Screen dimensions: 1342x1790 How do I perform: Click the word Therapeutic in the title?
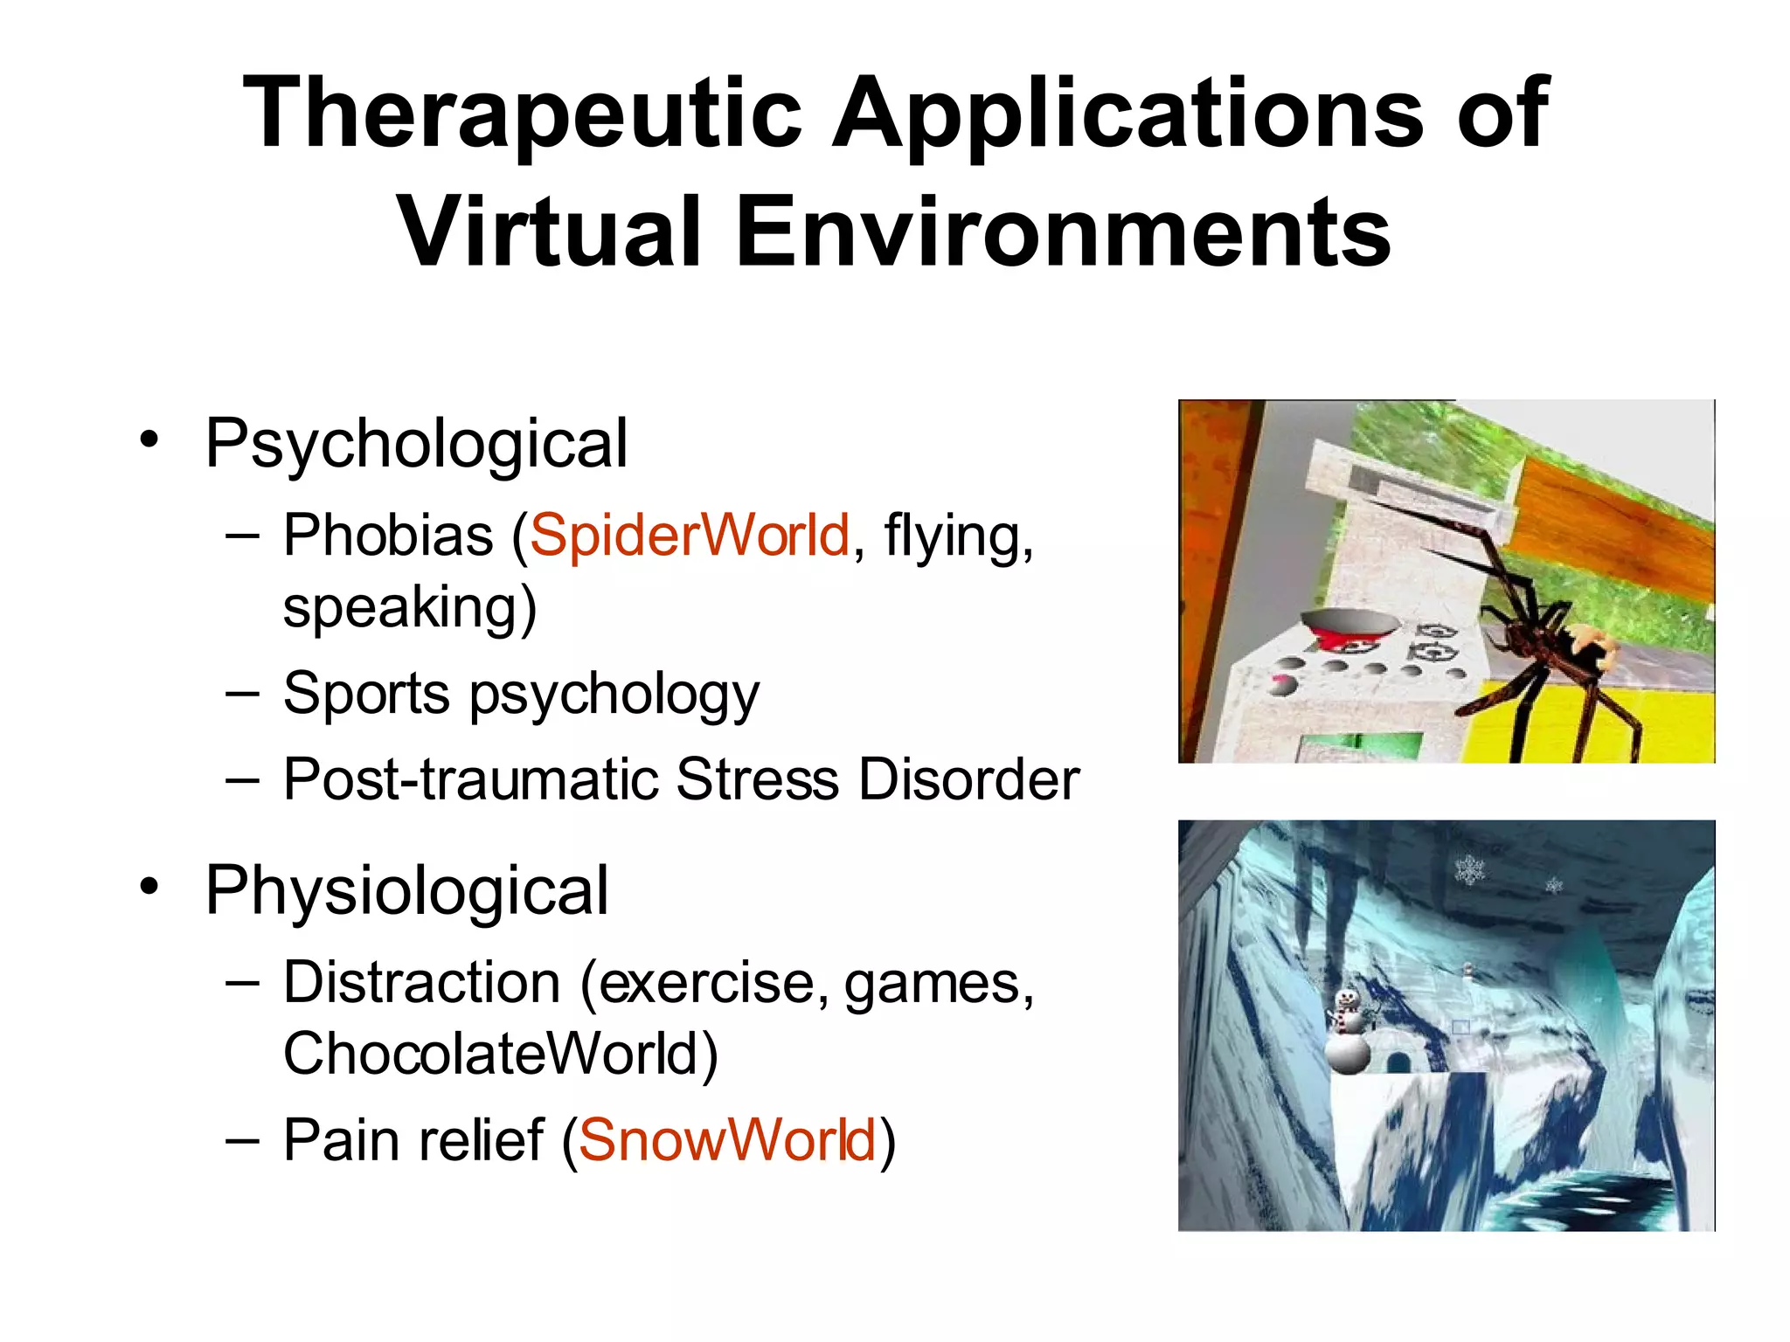click(x=523, y=114)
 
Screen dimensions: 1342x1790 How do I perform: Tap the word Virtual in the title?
click(x=549, y=232)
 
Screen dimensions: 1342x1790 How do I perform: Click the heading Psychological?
click(x=416, y=444)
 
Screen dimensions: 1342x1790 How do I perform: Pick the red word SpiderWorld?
click(x=689, y=535)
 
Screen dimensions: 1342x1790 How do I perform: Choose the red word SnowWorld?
click(x=727, y=1140)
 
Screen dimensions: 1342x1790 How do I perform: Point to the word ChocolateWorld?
click(x=499, y=1054)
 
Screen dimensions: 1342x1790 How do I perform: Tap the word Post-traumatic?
click(x=470, y=779)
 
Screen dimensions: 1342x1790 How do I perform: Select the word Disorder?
click(x=968, y=779)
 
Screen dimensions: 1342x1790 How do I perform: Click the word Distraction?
click(x=421, y=983)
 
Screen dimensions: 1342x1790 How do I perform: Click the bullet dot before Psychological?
click(x=150, y=439)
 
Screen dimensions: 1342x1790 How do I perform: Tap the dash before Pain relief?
click(x=242, y=1140)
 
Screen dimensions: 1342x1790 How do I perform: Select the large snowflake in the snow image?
click(x=1470, y=869)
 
